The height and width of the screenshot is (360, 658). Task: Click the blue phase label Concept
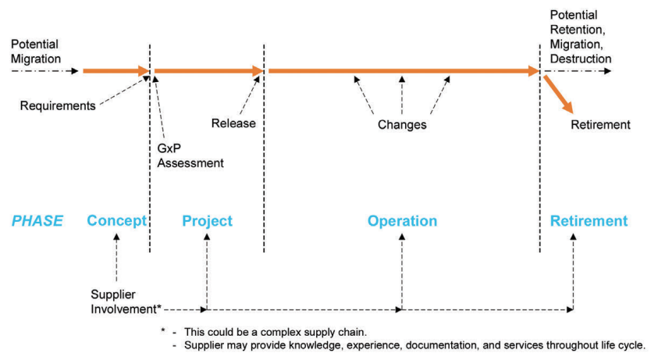click(x=116, y=221)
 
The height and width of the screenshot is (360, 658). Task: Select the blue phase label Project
click(x=207, y=221)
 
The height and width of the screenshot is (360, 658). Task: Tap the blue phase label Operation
click(x=402, y=221)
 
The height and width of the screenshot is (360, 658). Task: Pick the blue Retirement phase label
click(x=588, y=221)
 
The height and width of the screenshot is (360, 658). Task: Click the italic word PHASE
click(x=37, y=221)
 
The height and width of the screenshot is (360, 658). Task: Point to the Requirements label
click(x=58, y=105)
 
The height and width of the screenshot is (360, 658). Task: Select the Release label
click(x=233, y=123)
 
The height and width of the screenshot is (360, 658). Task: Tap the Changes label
click(x=402, y=124)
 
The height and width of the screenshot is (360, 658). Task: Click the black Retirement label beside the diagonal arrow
click(x=600, y=125)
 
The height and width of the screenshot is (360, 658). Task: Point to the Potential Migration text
click(x=35, y=52)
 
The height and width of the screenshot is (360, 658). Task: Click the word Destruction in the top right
click(x=581, y=59)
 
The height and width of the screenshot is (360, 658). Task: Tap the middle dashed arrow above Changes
click(x=402, y=94)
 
